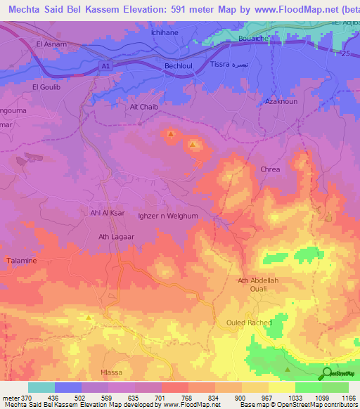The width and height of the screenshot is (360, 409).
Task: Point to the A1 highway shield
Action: pos(105,65)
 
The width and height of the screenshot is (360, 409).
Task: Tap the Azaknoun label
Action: pos(280,102)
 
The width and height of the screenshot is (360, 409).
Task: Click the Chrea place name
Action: pos(270,169)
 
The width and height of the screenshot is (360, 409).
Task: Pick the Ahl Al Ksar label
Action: pos(107,213)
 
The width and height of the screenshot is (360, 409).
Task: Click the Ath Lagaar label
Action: pos(116,237)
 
